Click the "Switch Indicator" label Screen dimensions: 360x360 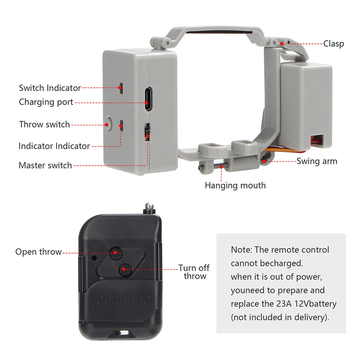[x=50, y=88]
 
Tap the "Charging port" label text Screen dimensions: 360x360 [x=46, y=102]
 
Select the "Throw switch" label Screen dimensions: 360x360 [x=45, y=124]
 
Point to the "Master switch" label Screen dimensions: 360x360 [x=45, y=165]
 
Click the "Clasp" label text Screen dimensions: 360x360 [x=333, y=44]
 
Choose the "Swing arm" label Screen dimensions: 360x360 [x=317, y=161]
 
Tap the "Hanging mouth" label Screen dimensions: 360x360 [x=235, y=185]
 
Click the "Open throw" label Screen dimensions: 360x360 [x=38, y=252]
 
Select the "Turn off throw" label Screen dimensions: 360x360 [x=194, y=272]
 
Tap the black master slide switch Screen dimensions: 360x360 [x=147, y=132]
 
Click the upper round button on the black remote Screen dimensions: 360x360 [x=116, y=253]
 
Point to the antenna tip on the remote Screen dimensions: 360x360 [x=150, y=206]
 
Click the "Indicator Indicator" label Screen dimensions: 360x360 [x=54, y=146]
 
